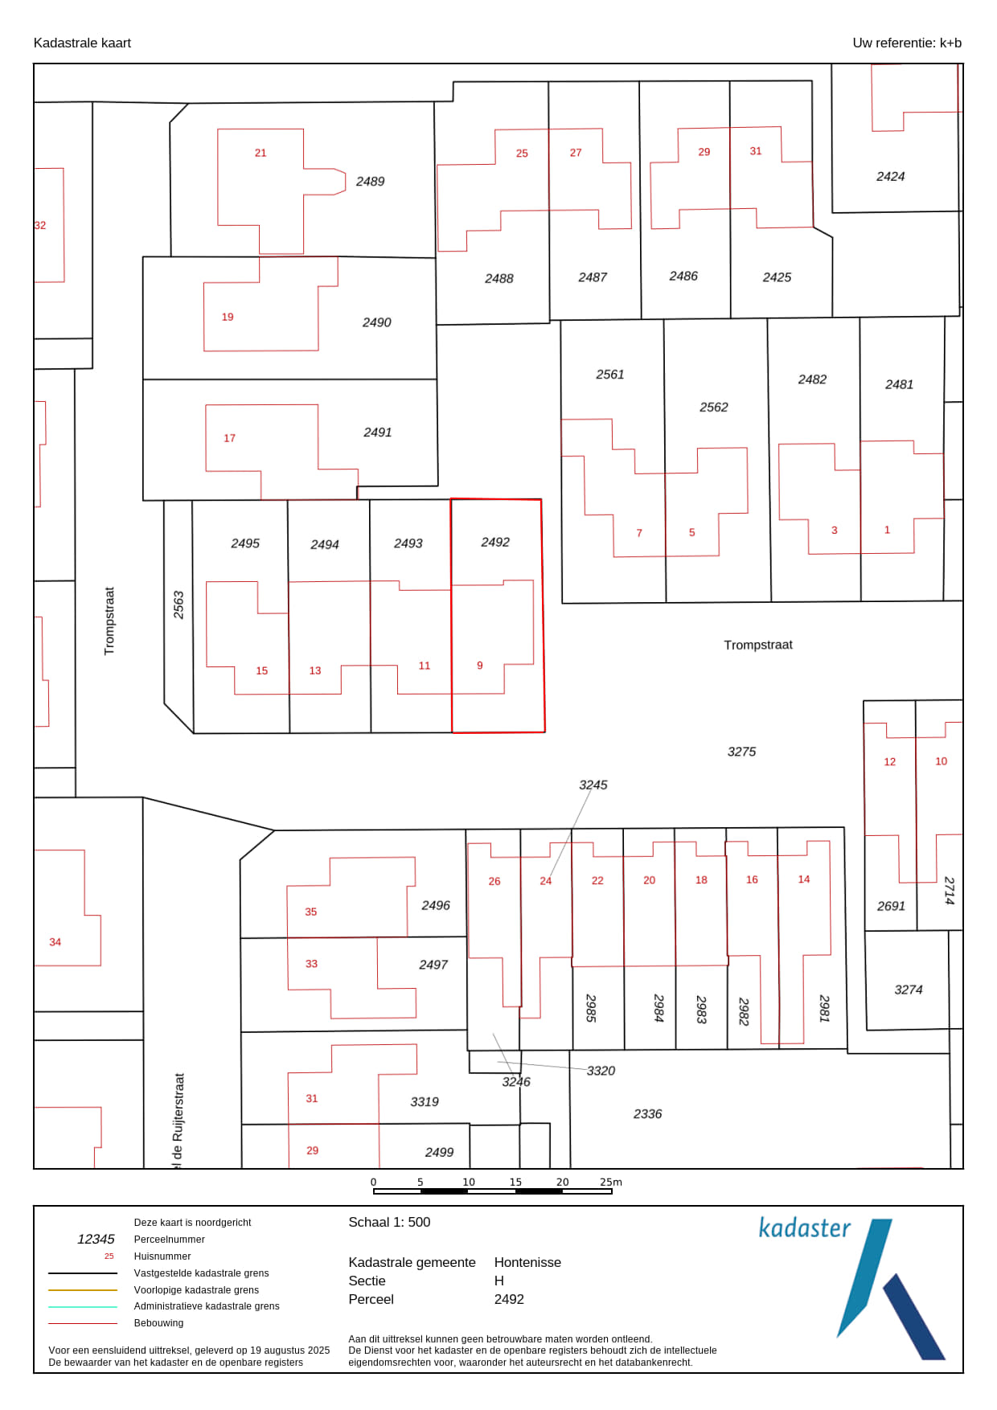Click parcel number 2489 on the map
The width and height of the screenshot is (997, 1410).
tap(370, 182)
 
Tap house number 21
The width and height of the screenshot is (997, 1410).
tap(261, 153)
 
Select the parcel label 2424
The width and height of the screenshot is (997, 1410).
tap(890, 177)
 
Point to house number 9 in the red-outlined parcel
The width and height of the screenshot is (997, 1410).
tap(480, 666)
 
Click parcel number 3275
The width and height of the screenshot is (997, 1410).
tap(741, 752)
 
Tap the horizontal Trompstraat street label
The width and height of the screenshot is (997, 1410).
tap(758, 645)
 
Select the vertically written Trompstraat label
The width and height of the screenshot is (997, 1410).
tap(109, 621)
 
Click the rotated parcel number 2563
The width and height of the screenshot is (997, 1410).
tap(178, 605)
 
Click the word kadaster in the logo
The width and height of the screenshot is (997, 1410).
tap(804, 1228)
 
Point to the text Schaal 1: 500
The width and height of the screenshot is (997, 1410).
tap(389, 1222)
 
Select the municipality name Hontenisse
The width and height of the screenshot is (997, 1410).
tap(527, 1262)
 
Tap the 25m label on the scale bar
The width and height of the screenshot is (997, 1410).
tap(611, 1182)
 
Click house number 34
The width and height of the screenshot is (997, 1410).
tap(55, 942)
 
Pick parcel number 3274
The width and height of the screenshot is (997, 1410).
tap(909, 990)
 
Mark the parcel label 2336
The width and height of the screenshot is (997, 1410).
tap(647, 1114)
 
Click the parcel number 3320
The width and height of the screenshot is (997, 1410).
tap(601, 1071)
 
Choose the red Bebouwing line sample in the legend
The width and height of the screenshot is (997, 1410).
tap(83, 1323)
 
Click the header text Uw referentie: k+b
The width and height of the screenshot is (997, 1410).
tap(907, 43)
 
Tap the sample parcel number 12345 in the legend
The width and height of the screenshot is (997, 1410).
tap(96, 1239)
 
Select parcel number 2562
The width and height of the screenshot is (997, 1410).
tap(713, 408)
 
